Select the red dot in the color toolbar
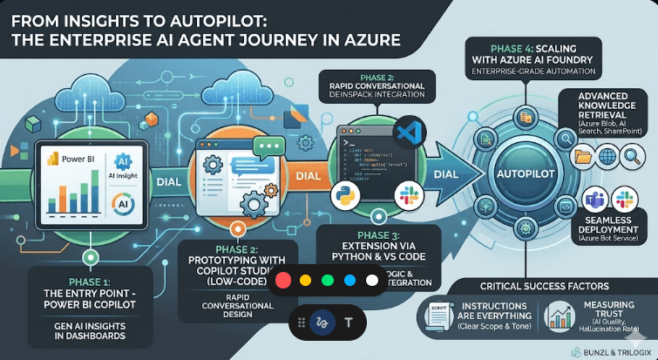coord(282,282)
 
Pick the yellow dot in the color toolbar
coord(305,282)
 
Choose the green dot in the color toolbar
coord(328,282)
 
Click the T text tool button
coord(349,323)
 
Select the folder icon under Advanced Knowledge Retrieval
coord(581,157)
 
